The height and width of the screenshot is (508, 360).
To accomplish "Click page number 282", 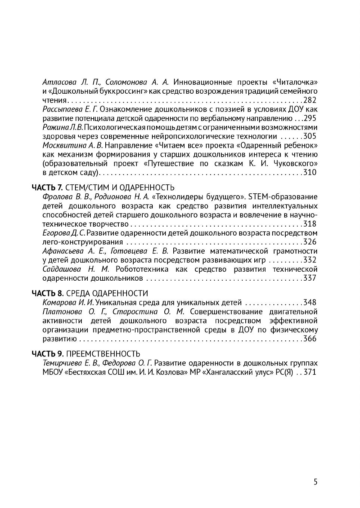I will pyautogui.click(x=310, y=100).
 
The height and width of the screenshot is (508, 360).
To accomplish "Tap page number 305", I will pyautogui.click(x=310, y=136).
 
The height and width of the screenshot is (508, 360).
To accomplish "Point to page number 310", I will pyautogui.click(x=310, y=172).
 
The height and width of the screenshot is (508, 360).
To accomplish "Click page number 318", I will pyautogui.click(x=310, y=224).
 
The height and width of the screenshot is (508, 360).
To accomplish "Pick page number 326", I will pyautogui.click(x=310, y=241).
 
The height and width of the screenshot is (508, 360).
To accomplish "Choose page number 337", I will pyautogui.click(x=310, y=278).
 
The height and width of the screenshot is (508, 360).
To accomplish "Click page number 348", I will pyautogui.click(x=310, y=302).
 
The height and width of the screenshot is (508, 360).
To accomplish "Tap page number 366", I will pyautogui.click(x=310, y=339).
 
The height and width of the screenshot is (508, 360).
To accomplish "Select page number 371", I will pyautogui.click(x=310, y=372).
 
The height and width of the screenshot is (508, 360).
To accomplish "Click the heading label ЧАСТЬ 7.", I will pyautogui.click(x=47, y=187).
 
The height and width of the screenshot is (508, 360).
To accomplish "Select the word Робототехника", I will pyautogui.click(x=142, y=269).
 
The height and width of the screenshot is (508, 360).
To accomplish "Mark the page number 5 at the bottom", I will pyautogui.click(x=316, y=482).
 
